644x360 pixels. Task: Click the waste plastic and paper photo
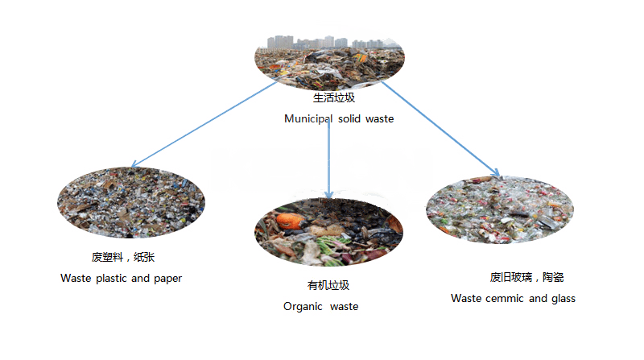[x=131, y=202]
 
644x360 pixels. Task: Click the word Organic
[x=302, y=307]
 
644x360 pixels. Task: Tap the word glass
[x=563, y=298]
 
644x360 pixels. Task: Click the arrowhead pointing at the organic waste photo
[x=328, y=195]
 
